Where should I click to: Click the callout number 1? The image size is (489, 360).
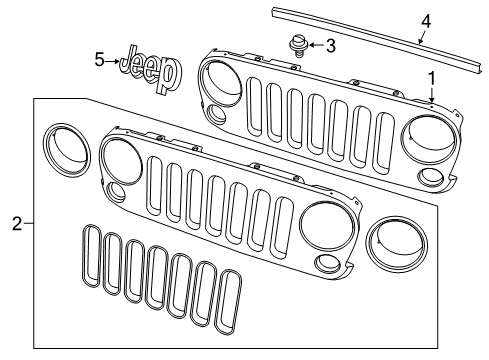(431, 78)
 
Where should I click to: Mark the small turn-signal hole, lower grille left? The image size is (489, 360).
(117, 192)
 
